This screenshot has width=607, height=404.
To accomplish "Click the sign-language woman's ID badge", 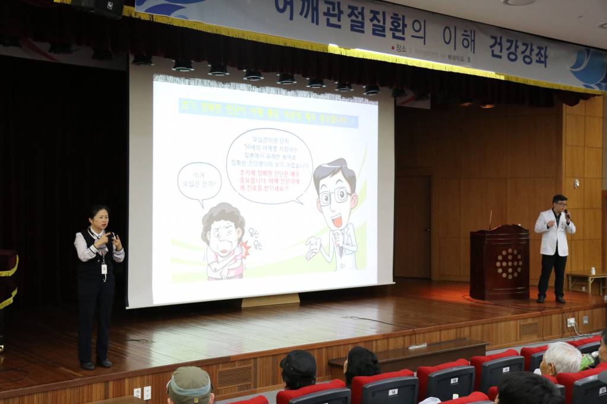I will (104, 269).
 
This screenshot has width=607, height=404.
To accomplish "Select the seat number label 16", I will (393, 392).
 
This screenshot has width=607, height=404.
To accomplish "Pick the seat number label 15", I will (454, 380).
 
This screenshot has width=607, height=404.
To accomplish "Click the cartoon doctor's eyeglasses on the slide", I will (334, 196).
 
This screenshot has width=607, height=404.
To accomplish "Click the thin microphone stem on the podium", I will (490, 219).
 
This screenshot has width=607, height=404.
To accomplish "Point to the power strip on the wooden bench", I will (417, 345).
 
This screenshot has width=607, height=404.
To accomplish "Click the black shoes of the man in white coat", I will (550, 299).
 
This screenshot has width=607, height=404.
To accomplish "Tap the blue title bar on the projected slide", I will (268, 113).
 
